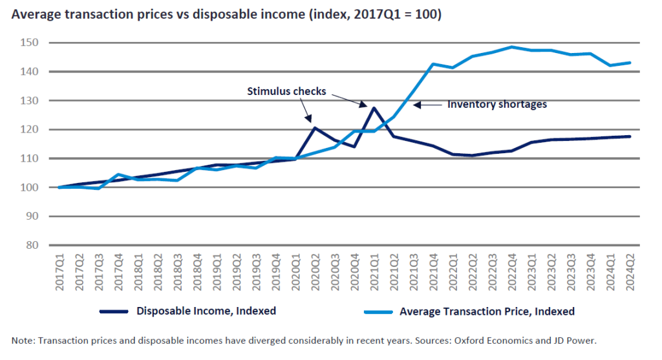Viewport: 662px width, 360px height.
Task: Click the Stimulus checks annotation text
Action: coord(286,91)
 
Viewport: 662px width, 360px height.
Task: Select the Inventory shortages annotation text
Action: coord(497,103)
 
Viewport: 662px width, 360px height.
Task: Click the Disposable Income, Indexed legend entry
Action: coord(206,311)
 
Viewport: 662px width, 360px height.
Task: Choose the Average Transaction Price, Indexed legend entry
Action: coord(487,311)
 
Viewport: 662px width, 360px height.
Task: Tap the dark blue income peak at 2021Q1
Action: coord(374,108)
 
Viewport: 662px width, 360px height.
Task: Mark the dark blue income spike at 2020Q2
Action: coord(314,127)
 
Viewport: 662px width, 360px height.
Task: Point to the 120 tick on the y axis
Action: coord(30,129)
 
